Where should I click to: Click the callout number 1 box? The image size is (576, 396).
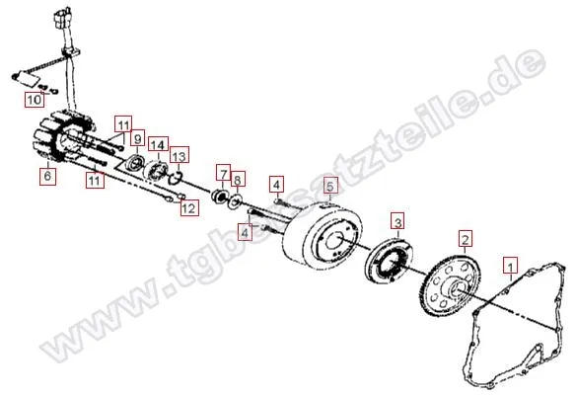510,265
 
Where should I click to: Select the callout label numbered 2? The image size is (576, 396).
465,237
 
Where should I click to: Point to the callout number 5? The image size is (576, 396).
330,185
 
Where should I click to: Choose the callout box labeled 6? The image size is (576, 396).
46,177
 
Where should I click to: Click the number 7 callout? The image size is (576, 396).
224,172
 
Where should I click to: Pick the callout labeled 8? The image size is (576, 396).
237,180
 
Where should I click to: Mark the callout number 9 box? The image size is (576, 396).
137,138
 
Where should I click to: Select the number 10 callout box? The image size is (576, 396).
34,100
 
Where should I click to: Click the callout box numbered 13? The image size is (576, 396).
179,156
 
